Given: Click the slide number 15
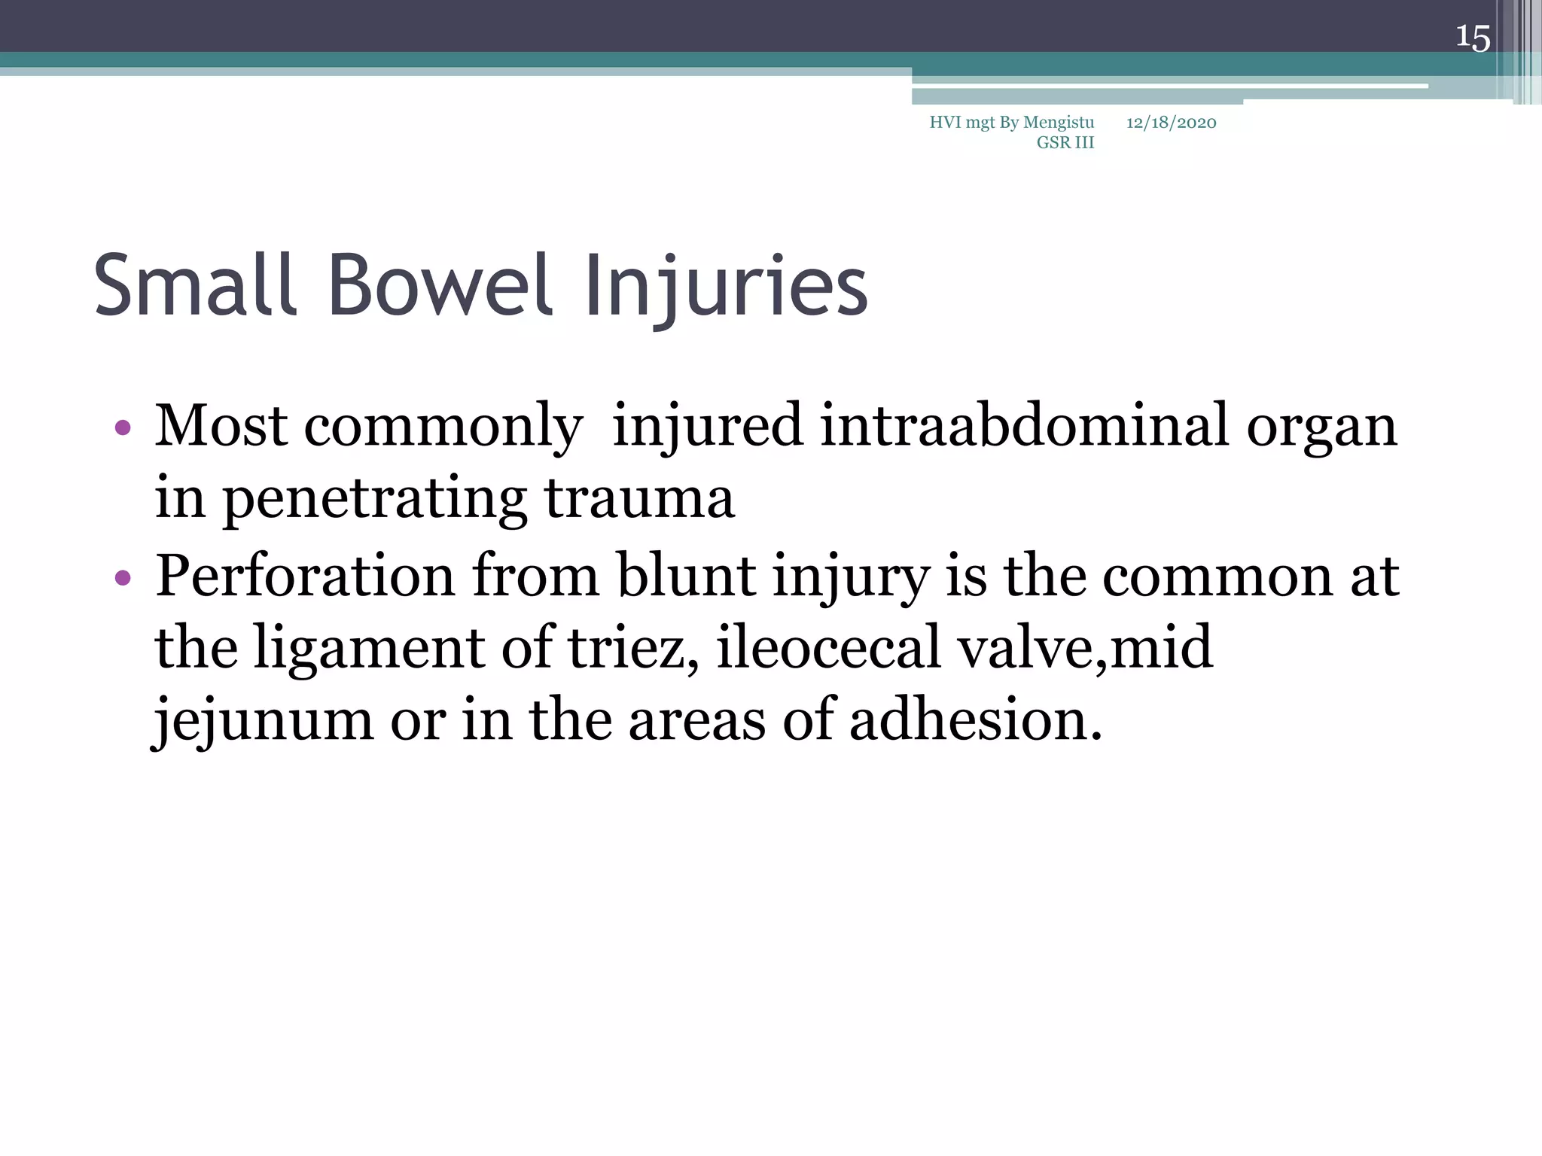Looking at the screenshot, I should pos(1472,38).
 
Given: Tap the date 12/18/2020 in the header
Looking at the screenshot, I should pos(1171,123).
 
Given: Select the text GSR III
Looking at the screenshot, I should pos(1065,143).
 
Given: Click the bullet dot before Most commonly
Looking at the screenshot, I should pos(123,428).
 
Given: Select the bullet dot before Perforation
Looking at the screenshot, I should pos(123,578).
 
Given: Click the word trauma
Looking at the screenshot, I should pos(638,499).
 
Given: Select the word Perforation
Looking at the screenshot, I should pos(305,576).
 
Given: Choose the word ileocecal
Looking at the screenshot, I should pos(828,647).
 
